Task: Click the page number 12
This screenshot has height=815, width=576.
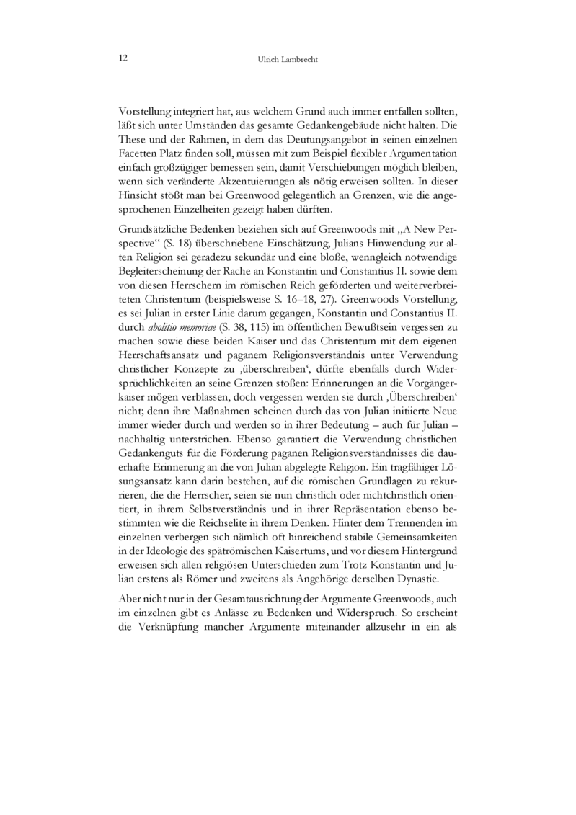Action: [123, 58]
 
